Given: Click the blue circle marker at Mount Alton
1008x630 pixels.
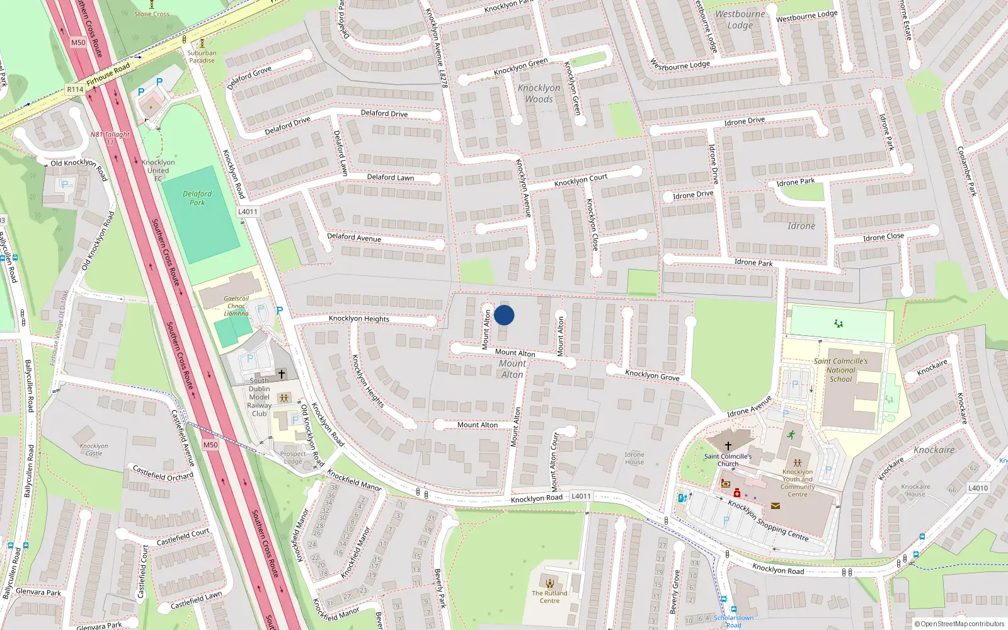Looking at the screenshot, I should [x=504, y=315].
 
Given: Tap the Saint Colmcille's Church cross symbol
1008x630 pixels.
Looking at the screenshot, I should [x=728, y=445].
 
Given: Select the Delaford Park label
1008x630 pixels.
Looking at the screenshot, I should [x=197, y=198].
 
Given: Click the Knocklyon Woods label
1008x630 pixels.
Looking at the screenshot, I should [x=539, y=93].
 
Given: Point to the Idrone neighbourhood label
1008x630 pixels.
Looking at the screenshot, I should [x=801, y=226].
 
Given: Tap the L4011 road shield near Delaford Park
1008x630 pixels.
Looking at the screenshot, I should [x=248, y=212].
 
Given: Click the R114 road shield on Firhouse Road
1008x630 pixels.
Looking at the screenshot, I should [x=75, y=89].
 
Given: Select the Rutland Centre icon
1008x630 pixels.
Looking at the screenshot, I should [x=550, y=583].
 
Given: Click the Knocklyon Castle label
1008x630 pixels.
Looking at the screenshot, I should [x=94, y=449].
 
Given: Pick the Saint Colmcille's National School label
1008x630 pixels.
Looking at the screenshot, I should [x=840, y=370].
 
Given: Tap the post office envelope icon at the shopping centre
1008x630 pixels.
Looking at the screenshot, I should [x=775, y=505].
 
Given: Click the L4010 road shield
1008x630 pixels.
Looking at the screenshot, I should [x=978, y=488].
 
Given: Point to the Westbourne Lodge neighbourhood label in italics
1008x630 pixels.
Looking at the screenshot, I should [x=740, y=20].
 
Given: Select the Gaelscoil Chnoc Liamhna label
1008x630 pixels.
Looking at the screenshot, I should [x=236, y=306].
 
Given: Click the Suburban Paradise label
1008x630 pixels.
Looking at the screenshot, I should [x=202, y=57].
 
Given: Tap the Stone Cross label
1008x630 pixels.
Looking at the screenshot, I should [x=152, y=14].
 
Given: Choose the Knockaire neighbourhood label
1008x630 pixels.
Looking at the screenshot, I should [x=934, y=450].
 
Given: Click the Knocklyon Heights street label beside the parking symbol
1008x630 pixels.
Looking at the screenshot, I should [x=359, y=319].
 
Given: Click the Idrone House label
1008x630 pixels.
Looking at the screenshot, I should [x=634, y=458].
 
